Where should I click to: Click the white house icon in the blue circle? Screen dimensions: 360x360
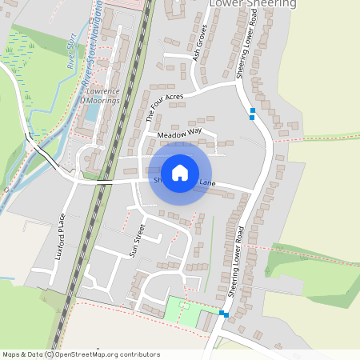[x=180, y=173]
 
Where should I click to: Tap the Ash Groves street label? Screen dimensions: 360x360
[x=200, y=50]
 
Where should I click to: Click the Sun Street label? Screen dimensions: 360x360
[x=138, y=242]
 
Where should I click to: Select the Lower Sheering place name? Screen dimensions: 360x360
[x=252, y=4]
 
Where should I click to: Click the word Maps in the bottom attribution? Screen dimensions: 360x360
[x=12, y=354]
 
